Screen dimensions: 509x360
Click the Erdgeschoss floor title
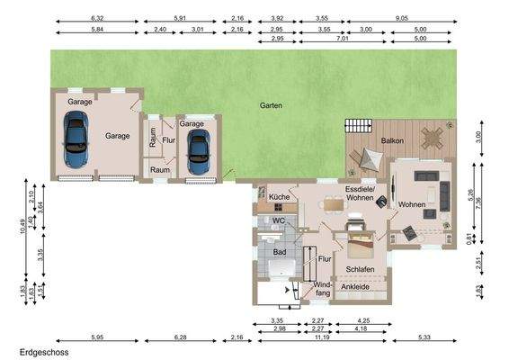pos(44,352)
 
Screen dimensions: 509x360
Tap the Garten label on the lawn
pos(271,105)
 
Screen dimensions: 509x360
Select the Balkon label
pos(392,140)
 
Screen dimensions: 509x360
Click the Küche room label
pos(279,197)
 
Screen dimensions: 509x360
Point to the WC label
pos(278,220)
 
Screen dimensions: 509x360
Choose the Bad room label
pos(280,252)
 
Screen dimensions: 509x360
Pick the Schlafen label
pos(360,269)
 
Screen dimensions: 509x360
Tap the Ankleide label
pos(355,287)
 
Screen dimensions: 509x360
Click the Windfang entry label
pos(322,289)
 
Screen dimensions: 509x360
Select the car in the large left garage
pos(76,139)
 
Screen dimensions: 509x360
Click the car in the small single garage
pos(199,152)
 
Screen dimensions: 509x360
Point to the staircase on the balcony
pos(359,126)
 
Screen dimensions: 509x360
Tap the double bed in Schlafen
pos(361,244)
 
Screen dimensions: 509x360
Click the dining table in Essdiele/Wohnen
pos(334,205)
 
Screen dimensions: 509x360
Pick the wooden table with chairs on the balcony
pos(432,138)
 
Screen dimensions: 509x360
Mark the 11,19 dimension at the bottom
pos(322,337)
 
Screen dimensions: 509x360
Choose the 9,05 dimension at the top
pos(402,18)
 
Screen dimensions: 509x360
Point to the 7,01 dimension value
pos(342,39)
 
